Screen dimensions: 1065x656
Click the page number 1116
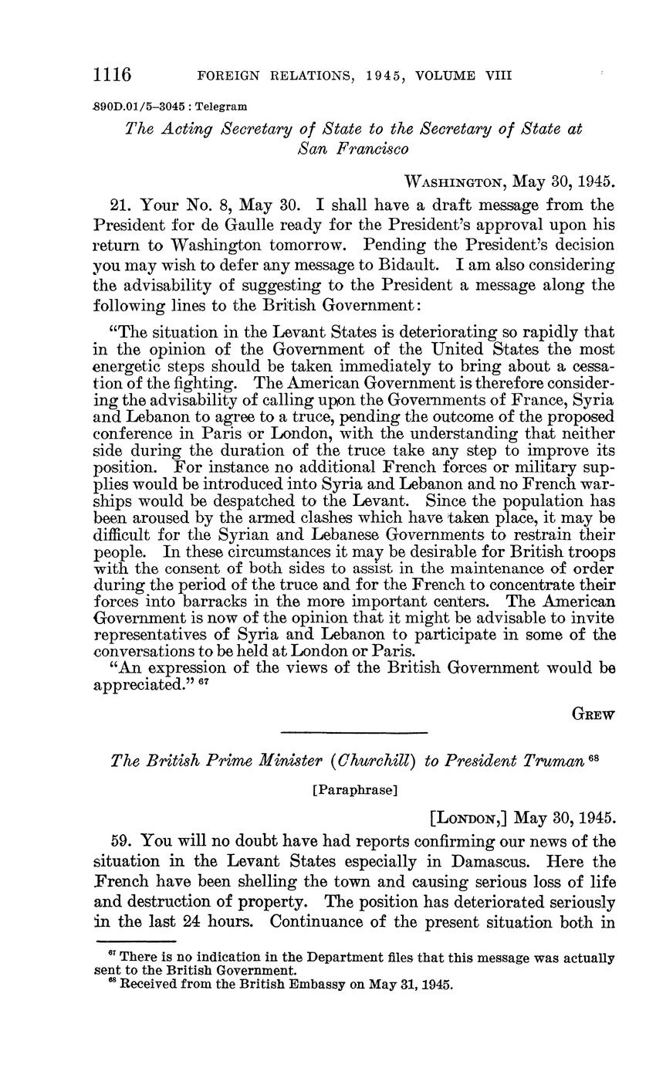113,75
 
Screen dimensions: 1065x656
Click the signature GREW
593,715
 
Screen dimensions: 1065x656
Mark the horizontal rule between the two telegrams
353,732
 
